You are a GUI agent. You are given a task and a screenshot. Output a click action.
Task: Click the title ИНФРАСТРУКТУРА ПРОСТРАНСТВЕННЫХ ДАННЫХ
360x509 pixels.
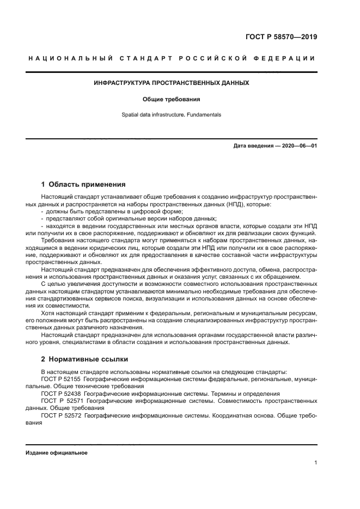point(172,83)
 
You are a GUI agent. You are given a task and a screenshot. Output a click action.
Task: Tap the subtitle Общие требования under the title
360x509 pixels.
point(172,100)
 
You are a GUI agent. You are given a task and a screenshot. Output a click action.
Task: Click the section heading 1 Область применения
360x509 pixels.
point(83,184)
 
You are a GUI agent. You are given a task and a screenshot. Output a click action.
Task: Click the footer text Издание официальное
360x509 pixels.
point(57,453)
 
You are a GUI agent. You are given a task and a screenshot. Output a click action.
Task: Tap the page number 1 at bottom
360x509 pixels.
point(315,463)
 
